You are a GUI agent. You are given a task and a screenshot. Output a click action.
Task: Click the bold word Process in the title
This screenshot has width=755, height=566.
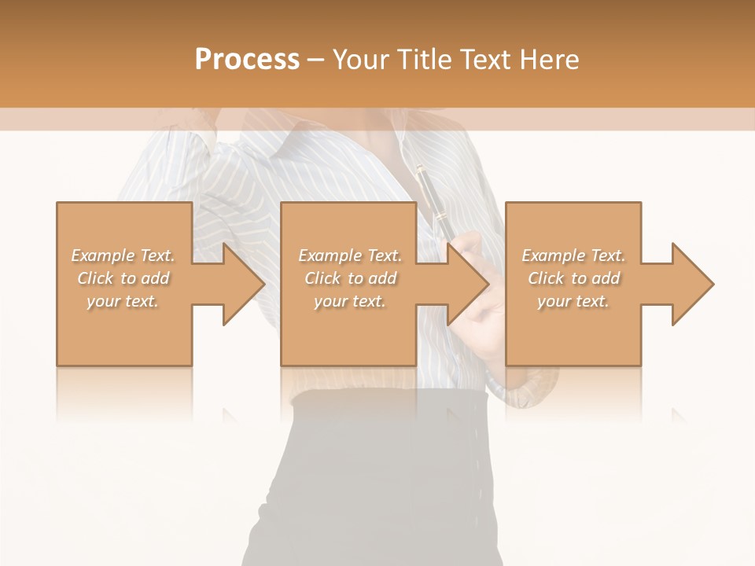tap(247, 60)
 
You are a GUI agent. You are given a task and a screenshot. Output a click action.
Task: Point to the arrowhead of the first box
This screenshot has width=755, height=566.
tap(241, 284)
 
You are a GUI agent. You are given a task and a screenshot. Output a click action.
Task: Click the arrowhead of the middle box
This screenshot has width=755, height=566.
tap(466, 284)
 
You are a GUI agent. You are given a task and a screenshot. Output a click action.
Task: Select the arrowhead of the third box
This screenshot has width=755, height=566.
tap(691, 284)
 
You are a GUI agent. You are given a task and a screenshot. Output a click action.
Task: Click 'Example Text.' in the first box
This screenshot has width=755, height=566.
tap(123, 255)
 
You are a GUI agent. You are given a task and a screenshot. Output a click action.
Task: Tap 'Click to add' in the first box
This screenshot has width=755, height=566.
tap(123, 278)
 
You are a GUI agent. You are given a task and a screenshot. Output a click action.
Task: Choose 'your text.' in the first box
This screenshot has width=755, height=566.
tap(123, 301)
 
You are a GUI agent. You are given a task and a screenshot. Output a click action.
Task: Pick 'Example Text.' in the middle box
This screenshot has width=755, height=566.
tap(349, 255)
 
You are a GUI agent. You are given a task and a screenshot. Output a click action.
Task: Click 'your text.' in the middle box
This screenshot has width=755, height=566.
tap(349, 301)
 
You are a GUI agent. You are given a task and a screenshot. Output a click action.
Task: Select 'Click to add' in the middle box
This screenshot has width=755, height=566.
tap(349, 278)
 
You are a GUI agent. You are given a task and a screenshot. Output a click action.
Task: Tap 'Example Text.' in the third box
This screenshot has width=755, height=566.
tap(573, 255)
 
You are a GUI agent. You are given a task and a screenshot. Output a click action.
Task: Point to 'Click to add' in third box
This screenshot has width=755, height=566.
tap(573, 278)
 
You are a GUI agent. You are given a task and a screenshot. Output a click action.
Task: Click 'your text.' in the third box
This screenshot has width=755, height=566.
tap(573, 301)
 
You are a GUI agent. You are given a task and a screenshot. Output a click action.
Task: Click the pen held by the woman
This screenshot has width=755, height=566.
tap(432, 197)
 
